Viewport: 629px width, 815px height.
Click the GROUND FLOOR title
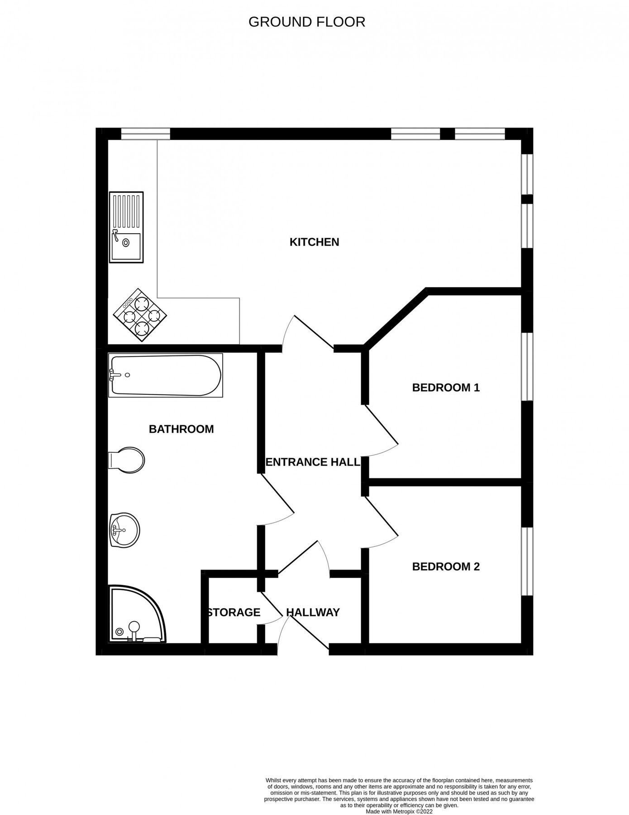(307, 22)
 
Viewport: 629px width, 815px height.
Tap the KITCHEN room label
(314, 242)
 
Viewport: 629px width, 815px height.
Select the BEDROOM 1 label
(446, 388)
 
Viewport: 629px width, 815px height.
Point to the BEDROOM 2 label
(446, 566)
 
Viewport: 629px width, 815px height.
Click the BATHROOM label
(181, 429)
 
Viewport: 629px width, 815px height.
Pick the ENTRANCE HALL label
(313, 462)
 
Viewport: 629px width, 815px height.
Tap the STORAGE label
(233, 613)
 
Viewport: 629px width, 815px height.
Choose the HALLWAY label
(313, 613)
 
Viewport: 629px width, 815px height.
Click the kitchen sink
(126, 227)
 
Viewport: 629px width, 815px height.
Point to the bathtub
(166, 375)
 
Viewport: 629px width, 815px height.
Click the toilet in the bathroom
(127, 460)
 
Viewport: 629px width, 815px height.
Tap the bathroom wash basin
(124, 530)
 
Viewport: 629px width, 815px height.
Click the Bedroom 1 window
(527, 367)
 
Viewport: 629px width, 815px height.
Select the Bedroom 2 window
(527, 561)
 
